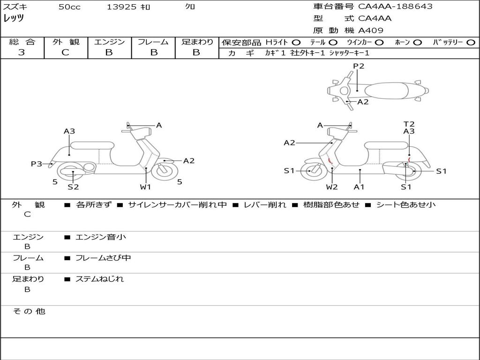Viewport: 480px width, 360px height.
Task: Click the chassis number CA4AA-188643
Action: pos(395,7)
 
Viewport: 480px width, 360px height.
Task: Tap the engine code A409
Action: pos(371,30)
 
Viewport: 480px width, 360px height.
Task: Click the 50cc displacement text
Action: pos(69,7)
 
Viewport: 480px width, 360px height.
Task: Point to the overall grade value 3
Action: pos(22,52)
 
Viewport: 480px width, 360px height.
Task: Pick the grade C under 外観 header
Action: pos(66,52)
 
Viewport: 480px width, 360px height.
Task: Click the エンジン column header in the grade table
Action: pos(109,42)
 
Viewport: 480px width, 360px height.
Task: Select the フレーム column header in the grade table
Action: pos(153,42)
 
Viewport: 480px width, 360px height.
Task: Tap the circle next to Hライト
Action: pos(296,43)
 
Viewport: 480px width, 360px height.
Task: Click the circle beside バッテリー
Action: pos(471,43)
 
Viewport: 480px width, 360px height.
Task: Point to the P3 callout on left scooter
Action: pos(37,164)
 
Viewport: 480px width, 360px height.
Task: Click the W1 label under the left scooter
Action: pos(146,187)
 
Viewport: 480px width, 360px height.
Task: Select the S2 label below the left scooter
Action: pos(73,187)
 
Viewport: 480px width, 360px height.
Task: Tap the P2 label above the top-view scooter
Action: pos(359,66)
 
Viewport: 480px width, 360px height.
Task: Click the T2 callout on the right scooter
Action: pos(409,124)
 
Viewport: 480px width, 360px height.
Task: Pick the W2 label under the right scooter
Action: pos(332,187)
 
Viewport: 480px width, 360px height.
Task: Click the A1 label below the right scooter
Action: pos(359,187)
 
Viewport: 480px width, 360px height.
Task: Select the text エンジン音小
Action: pos(101,237)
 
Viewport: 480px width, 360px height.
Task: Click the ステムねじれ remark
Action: pos(99,279)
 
